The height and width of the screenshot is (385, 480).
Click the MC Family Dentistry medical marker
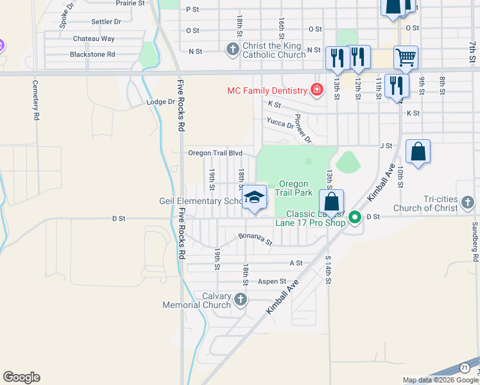pyautogui.click(x=316, y=90)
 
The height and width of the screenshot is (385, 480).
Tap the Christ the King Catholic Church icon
pyautogui.click(x=233, y=49)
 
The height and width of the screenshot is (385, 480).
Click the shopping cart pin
pyautogui.click(x=406, y=58)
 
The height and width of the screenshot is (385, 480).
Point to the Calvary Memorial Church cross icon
pyautogui.click(x=240, y=299)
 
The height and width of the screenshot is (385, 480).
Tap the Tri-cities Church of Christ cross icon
pyautogui.click(x=468, y=204)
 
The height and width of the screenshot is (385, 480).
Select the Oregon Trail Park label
pyautogui.click(x=293, y=188)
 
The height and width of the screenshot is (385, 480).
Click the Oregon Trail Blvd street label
pyautogui.click(x=215, y=153)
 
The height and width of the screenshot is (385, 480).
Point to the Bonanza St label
pyautogui.click(x=255, y=239)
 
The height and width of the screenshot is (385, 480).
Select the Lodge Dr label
pyautogui.click(x=160, y=102)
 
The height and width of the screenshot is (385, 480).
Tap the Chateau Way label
pyautogui.click(x=94, y=38)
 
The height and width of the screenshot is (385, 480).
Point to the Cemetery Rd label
pyautogui.click(x=36, y=100)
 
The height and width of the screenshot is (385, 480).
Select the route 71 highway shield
pyautogui.click(x=464, y=366)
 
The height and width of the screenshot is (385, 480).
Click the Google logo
pyautogui.click(x=21, y=377)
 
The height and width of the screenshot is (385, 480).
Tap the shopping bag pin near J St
pyautogui.click(x=418, y=153)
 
